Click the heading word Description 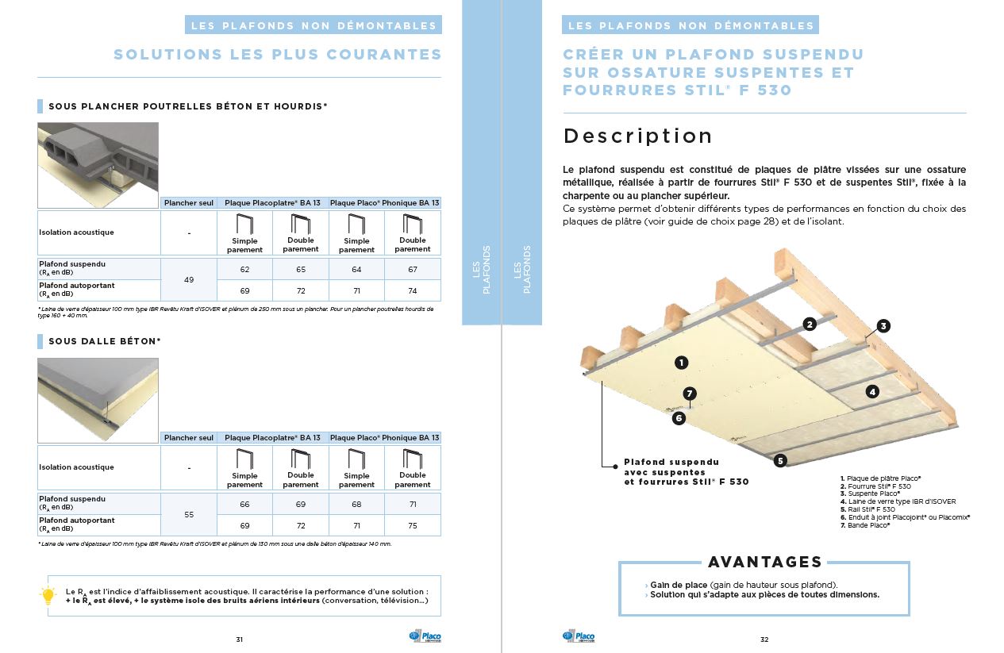click(637, 136)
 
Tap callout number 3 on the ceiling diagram click(883, 326)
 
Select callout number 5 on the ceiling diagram click(780, 460)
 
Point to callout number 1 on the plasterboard click(680, 363)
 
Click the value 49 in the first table click(189, 280)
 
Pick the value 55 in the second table click(189, 515)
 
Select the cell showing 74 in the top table click(412, 291)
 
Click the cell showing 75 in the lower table click(412, 526)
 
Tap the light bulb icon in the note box click(48, 595)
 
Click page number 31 click(239, 640)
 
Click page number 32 click(764, 640)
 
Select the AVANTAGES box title click(764, 562)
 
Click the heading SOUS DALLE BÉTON click(104, 341)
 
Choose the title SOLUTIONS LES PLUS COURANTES click(277, 55)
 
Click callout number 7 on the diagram click(690, 393)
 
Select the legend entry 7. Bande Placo click(867, 525)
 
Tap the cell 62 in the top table click(244, 270)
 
